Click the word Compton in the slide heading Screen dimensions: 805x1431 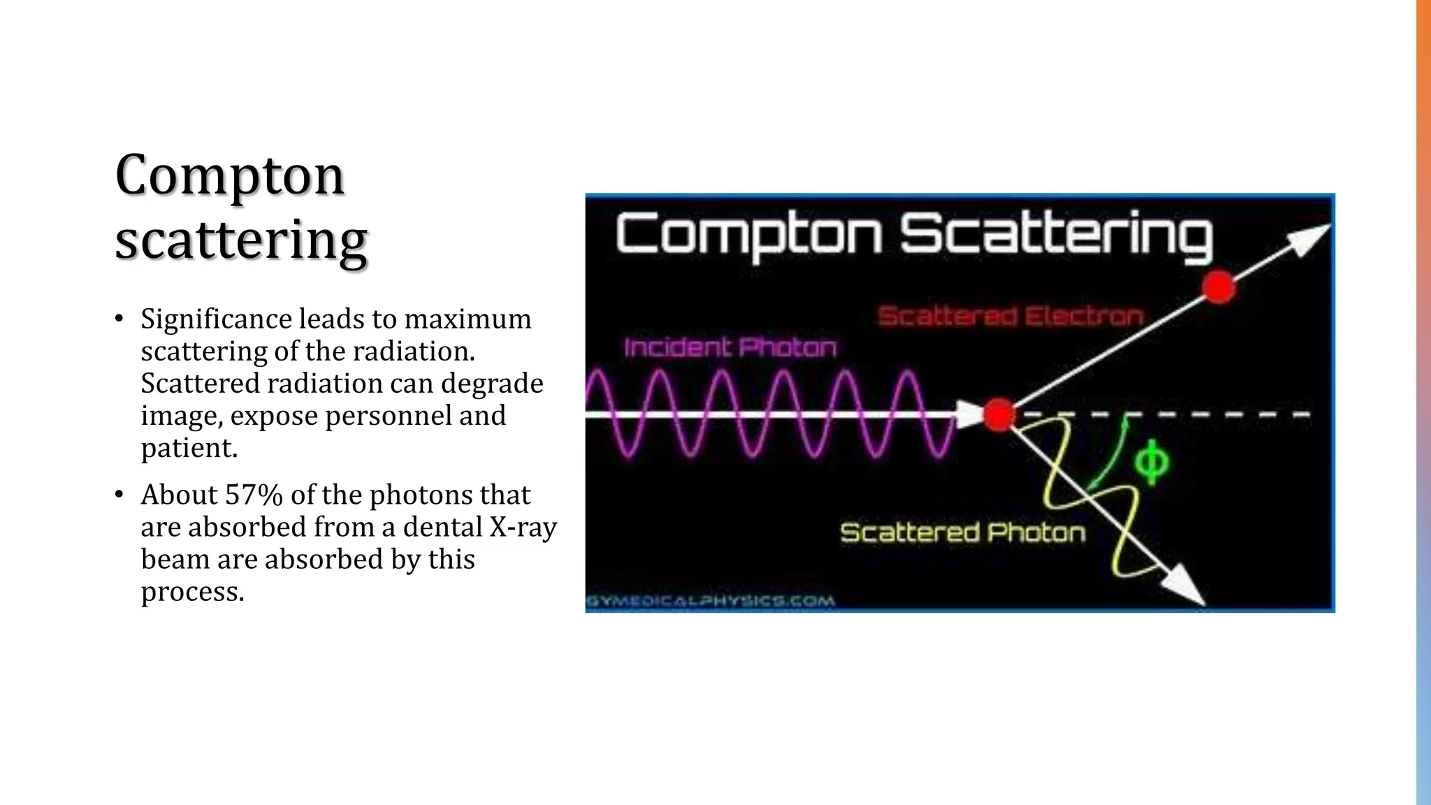click(x=229, y=175)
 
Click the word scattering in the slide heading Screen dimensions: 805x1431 click(x=241, y=239)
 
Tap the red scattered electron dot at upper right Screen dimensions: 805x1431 click(x=1219, y=287)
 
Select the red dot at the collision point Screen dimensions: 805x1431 click(x=999, y=414)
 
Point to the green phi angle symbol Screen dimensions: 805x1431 click(x=1151, y=462)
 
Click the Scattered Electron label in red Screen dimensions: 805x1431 click(x=1010, y=317)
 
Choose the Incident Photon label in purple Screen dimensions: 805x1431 click(x=730, y=347)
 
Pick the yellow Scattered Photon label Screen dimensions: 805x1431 click(x=963, y=533)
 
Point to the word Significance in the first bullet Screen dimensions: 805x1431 click(x=216, y=319)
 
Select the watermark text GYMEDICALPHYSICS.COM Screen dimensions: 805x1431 click(x=710, y=601)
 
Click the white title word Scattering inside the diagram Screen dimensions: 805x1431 click(x=1056, y=234)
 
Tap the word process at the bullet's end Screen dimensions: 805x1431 click(x=192, y=591)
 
